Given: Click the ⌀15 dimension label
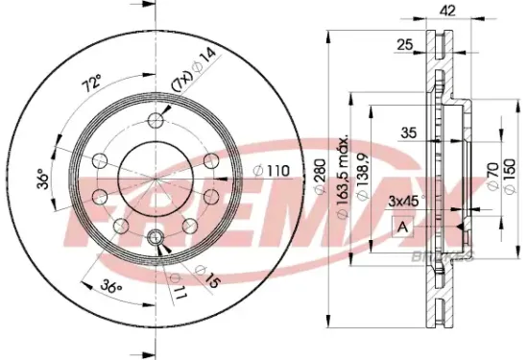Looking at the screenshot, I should click(x=211, y=281).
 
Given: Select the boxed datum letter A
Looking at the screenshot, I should click(x=404, y=228).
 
